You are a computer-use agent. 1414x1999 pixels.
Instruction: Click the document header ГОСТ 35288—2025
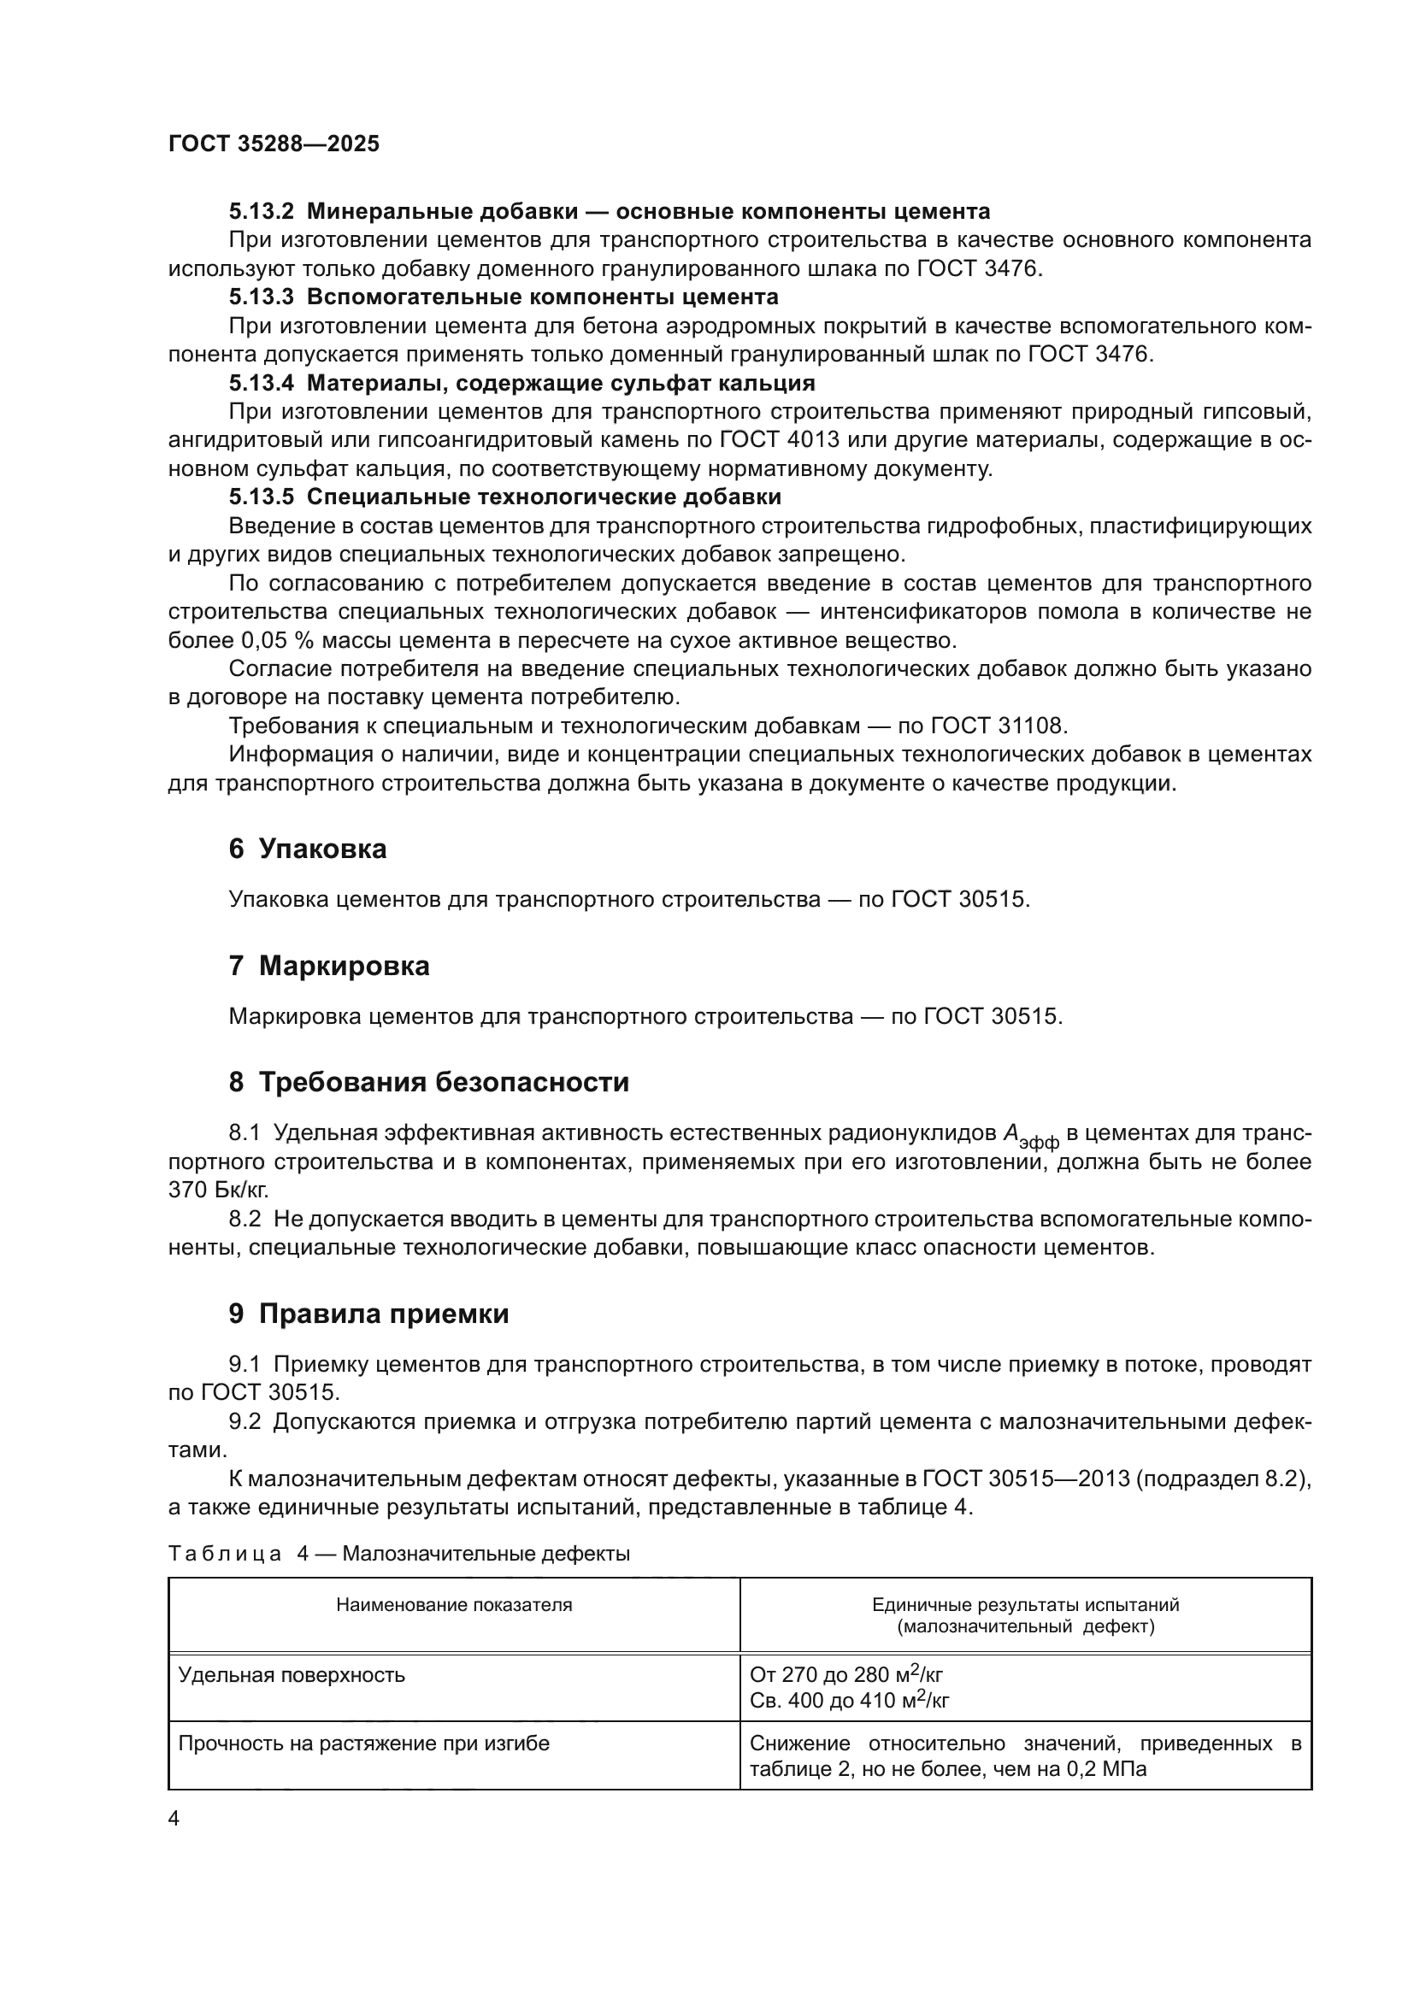click(274, 144)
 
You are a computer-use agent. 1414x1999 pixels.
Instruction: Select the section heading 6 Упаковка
click(308, 849)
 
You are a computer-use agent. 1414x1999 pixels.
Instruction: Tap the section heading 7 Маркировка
click(329, 966)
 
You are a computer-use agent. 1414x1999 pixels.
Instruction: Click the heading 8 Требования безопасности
click(428, 1082)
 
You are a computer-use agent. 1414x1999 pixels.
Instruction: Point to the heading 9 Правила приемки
click(368, 1314)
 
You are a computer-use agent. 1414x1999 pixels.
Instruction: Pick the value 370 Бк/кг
click(219, 1191)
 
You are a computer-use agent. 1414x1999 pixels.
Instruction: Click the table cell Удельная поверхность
click(292, 1675)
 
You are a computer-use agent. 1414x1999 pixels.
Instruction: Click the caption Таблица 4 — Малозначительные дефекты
click(398, 1553)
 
